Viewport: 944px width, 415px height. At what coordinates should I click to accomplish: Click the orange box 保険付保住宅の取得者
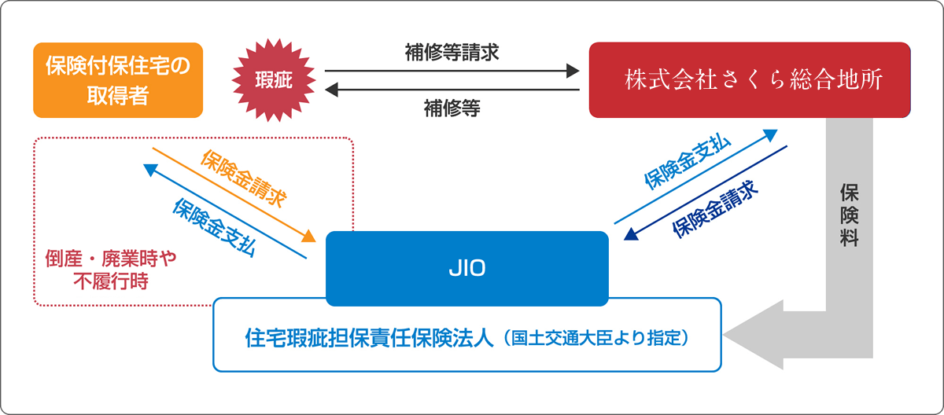click(x=118, y=79)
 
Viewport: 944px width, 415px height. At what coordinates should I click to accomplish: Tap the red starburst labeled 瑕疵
click(x=273, y=79)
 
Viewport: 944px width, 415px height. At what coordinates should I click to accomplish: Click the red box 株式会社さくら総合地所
click(x=750, y=79)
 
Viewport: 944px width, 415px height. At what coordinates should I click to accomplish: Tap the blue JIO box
click(x=467, y=268)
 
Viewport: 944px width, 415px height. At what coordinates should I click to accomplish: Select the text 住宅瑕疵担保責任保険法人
click(x=369, y=339)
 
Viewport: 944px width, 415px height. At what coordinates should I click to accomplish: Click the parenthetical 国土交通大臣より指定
click(x=599, y=339)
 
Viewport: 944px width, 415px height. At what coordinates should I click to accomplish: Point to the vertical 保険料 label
click(x=849, y=216)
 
